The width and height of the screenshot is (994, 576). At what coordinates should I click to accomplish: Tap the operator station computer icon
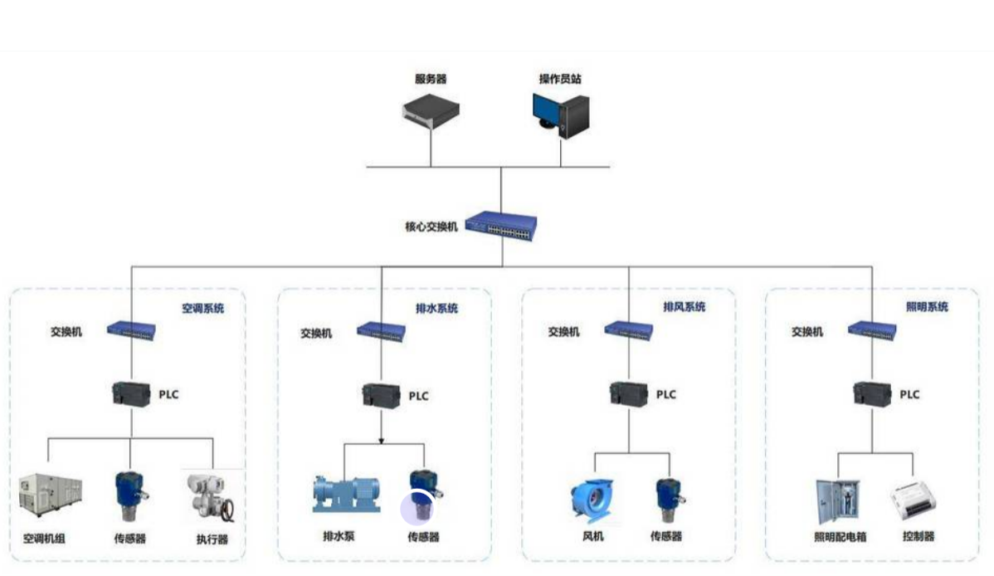561,114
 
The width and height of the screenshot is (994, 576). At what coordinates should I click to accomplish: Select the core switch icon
501,225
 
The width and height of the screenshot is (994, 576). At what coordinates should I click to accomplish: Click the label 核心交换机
431,227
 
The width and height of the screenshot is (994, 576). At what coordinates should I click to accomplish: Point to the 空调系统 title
202,309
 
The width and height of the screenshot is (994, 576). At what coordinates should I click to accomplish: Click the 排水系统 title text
436,309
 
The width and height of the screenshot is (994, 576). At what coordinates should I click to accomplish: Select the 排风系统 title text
684,307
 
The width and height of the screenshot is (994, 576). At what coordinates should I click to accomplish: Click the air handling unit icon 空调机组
51,494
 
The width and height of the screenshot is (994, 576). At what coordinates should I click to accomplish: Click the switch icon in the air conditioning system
132,329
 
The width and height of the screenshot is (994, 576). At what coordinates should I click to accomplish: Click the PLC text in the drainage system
419,396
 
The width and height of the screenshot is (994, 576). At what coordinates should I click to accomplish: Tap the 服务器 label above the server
431,79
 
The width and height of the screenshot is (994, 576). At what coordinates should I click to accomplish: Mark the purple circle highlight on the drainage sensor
417,509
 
